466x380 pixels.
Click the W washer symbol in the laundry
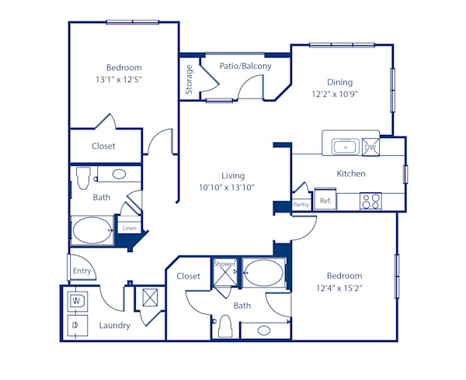(78, 300)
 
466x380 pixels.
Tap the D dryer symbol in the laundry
(77, 326)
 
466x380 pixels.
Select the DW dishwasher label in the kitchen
(370, 147)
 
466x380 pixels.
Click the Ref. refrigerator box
(325, 201)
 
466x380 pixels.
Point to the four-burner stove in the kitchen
(371, 201)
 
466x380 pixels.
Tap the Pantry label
(301, 205)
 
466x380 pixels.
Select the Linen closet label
(129, 228)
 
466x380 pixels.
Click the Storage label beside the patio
(189, 80)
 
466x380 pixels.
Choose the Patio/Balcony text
(245, 67)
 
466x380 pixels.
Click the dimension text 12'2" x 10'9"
(335, 94)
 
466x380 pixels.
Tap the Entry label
(82, 271)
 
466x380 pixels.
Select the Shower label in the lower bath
(224, 264)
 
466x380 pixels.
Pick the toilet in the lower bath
(225, 326)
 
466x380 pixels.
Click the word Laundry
(114, 326)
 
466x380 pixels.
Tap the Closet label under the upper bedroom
(103, 146)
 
